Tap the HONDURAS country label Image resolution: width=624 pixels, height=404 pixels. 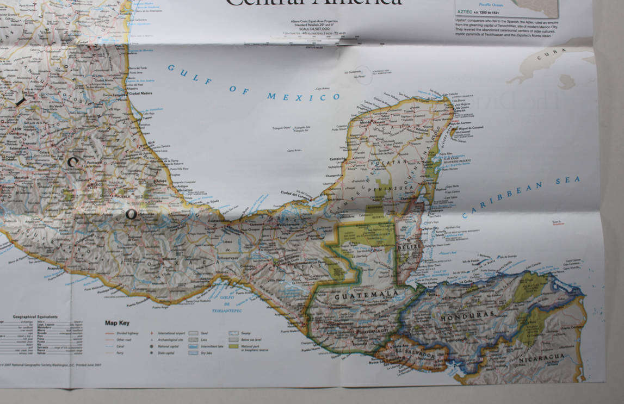(x=468, y=315)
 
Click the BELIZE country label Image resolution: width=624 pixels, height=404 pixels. (x=409, y=247)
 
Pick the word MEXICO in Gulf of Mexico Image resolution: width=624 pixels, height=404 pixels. (x=304, y=97)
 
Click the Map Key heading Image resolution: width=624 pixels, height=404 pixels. (x=116, y=323)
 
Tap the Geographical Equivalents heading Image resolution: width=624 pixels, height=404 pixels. (x=36, y=315)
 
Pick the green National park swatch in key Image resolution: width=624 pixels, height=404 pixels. (x=233, y=345)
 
